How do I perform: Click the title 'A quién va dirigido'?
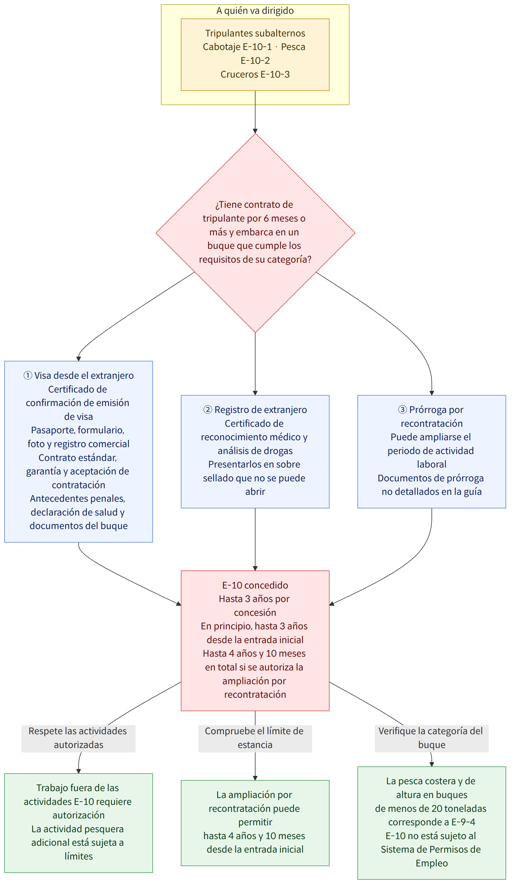coord(255,11)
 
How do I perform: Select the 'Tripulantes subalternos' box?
coord(255,55)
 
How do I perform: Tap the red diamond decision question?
coord(255,233)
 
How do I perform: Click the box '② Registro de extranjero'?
coord(255,452)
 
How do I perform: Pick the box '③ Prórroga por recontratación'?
coord(432,452)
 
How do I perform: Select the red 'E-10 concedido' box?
coord(255,641)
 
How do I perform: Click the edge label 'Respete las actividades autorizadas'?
coord(78,738)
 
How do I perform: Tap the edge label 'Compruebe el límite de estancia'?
coord(255,738)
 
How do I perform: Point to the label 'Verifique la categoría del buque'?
coord(432,738)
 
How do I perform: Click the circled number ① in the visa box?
coord(28,375)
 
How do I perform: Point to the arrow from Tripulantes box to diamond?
coord(255,112)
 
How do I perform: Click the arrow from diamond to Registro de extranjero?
coord(255,364)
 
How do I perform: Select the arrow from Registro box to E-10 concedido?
coord(255,539)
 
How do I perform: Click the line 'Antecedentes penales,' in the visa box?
coord(78,499)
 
